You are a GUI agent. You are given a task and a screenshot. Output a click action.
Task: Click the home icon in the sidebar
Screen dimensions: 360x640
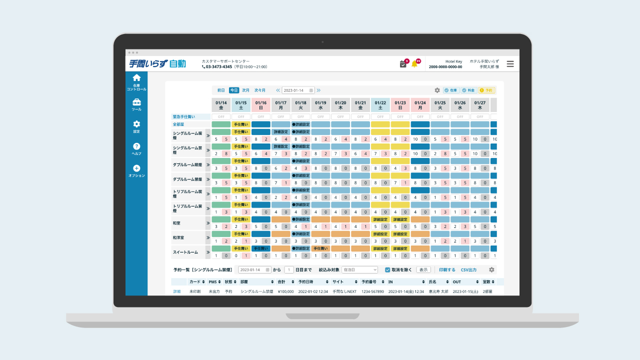point(136,78)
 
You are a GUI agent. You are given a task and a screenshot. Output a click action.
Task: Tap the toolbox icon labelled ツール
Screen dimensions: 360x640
point(136,102)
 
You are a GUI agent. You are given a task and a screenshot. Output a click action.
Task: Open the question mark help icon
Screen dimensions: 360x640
point(136,146)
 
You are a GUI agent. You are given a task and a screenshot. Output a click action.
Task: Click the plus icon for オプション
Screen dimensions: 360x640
point(136,168)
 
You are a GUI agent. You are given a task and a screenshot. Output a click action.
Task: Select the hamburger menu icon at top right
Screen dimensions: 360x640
point(510,64)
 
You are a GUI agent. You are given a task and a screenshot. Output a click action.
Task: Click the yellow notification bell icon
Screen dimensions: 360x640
point(414,64)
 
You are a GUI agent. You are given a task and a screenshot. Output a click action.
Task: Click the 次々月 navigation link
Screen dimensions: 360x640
point(260,90)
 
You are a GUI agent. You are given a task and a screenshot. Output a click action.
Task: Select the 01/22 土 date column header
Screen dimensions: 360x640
point(380,105)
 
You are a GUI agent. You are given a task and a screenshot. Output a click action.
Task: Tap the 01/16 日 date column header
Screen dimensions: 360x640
point(261,105)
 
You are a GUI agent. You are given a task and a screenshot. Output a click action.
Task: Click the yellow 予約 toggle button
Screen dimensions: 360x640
point(486,90)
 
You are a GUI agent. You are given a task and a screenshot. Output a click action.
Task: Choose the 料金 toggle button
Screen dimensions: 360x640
point(468,90)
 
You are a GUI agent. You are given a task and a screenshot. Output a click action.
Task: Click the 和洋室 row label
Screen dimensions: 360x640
point(179,237)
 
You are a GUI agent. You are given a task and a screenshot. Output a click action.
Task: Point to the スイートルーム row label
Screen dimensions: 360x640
point(185,252)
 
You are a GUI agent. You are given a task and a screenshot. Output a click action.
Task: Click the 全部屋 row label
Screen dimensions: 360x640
point(178,124)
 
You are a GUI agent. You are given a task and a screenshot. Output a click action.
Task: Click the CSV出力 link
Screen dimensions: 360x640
point(468,270)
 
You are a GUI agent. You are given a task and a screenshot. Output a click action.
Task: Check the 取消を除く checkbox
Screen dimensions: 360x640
point(388,270)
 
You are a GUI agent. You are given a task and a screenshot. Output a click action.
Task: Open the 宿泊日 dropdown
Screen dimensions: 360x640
point(359,270)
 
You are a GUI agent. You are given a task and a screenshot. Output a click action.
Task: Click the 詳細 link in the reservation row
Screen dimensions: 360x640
point(177,291)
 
